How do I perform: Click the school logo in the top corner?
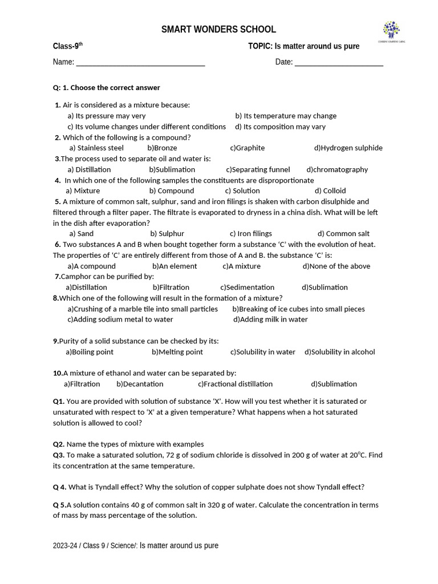tap(391, 32)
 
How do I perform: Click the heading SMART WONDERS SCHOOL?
tap(218, 30)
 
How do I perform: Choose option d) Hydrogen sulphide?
tap(348, 148)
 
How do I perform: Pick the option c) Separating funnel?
tap(258, 169)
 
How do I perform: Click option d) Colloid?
tap(330, 191)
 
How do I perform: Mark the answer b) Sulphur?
tap(167, 234)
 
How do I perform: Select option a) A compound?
tap(91, 266)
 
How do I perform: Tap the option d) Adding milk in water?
tap(270, 320)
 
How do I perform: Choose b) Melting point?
tap(177, 352)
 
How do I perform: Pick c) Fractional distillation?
tap(235, 384)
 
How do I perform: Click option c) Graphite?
tap(248, 148)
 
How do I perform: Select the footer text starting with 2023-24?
tap(136, 546)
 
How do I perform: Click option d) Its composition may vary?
tap(280, 127)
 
